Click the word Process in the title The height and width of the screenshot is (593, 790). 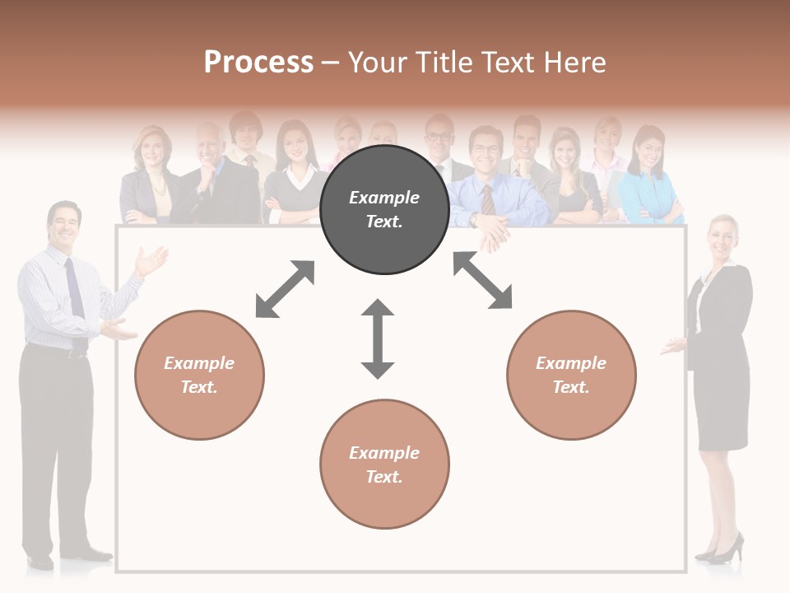pos(258,63)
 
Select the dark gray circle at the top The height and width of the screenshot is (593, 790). pos(384,209)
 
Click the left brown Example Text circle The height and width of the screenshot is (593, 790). pos(199,375)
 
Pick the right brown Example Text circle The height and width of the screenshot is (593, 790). pos(571,375)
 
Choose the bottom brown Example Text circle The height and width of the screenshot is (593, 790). pos(384,465)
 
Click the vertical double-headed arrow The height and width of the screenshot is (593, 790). pos(378,339)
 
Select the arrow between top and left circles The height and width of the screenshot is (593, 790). pos(285,289)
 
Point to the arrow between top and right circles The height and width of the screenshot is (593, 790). pos(483,281)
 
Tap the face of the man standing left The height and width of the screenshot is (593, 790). pos(64,225)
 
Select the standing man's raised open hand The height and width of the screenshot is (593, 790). pos(151,261)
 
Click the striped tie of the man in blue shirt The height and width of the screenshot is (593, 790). pos(488,200)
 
